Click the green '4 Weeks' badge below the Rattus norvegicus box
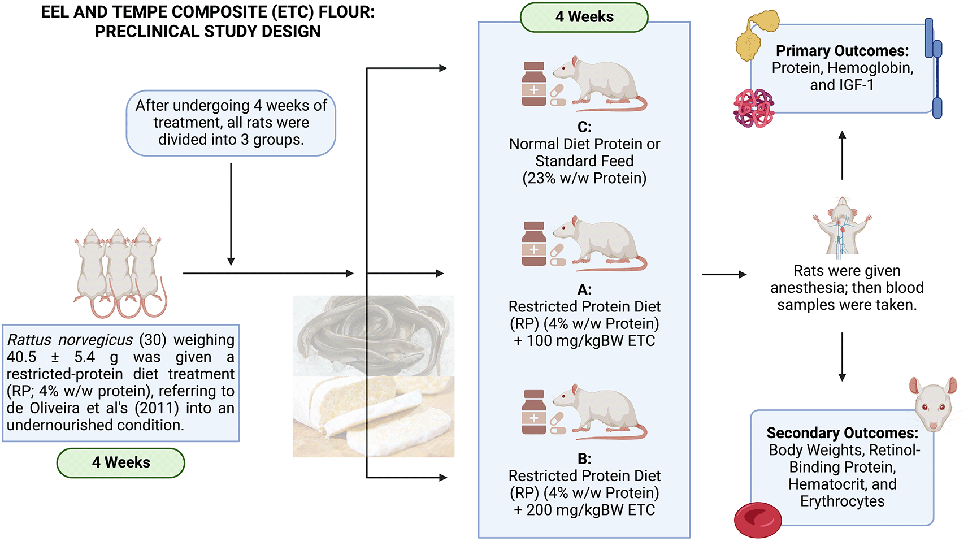click(x=120, y=462)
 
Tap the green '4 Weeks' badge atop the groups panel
click(x=584, y=17)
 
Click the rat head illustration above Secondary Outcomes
click(x=933, y=403)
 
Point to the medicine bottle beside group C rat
click(x=533, y=84)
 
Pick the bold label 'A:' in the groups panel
click(x=584, y=290)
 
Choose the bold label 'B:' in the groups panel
click(x=584, y=458)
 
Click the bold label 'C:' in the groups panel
click(x=584, y=127)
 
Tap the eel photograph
click(x=373, y=336)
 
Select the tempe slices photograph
click(x=373, y=417)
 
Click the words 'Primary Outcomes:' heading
click(x=842, y=51)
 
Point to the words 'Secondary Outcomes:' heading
click(x=842, y=433)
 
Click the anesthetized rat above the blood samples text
click(x=842, y=226)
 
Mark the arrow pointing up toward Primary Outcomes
click(x=842, y=155)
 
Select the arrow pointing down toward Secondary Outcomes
click(x=842, y=356)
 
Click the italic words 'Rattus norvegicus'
click(x=70, y=340)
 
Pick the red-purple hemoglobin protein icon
click(x=753, y=108)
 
